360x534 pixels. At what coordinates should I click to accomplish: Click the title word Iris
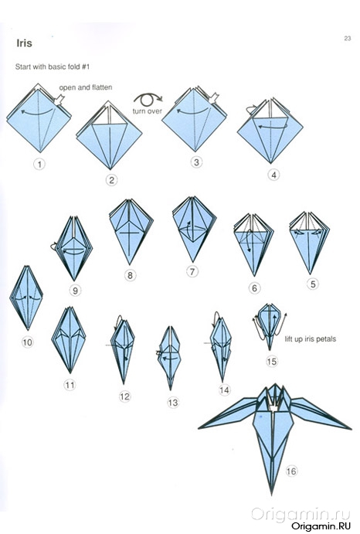pos(24,43)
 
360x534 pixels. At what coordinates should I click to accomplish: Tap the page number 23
pos(348,39)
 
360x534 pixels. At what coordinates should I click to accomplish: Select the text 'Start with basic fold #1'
pos(52,66)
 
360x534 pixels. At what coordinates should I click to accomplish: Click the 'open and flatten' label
pos(86,87)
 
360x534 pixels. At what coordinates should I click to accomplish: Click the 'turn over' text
pos(148,111)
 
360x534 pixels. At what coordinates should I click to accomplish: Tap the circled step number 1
pos(39,165)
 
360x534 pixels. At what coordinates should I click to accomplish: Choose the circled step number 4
pos(273,175)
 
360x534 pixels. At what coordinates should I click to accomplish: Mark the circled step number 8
pos(130,275)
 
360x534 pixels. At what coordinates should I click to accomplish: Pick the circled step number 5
pos(313,284)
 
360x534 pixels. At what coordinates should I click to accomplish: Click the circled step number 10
pos(27,342)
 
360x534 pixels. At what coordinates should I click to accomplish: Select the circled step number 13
pos(173,403)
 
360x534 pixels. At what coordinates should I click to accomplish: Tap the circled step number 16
pos(291,471)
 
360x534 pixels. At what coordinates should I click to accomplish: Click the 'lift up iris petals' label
pos(311,338)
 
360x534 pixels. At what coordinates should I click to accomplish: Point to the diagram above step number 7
pos(194,229)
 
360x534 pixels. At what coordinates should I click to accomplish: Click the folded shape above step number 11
pos(69,339)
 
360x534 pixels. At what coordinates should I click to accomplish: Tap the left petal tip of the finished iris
pos(199,428)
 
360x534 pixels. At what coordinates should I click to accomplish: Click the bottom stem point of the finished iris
pos(272,494)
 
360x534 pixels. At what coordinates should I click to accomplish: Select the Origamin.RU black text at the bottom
pos(321,525)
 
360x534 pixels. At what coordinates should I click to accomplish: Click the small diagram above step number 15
pos(270,326)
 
